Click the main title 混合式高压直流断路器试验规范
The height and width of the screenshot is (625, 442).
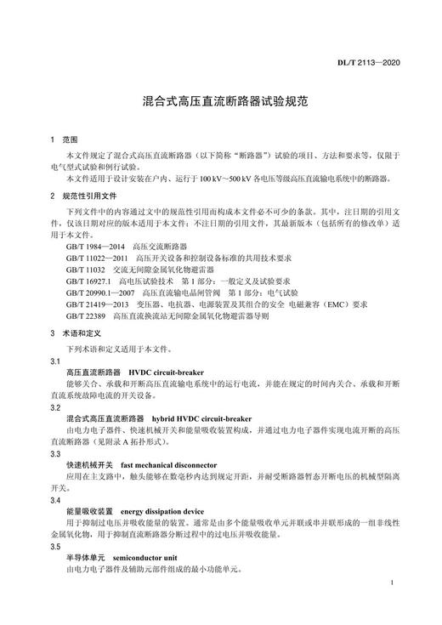(221, 99)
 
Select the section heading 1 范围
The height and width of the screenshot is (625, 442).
(64, 139)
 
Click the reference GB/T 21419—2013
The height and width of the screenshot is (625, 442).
(97, 303)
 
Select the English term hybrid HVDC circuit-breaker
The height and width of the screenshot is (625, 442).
(202, 419)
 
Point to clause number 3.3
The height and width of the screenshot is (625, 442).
(55, 454)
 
